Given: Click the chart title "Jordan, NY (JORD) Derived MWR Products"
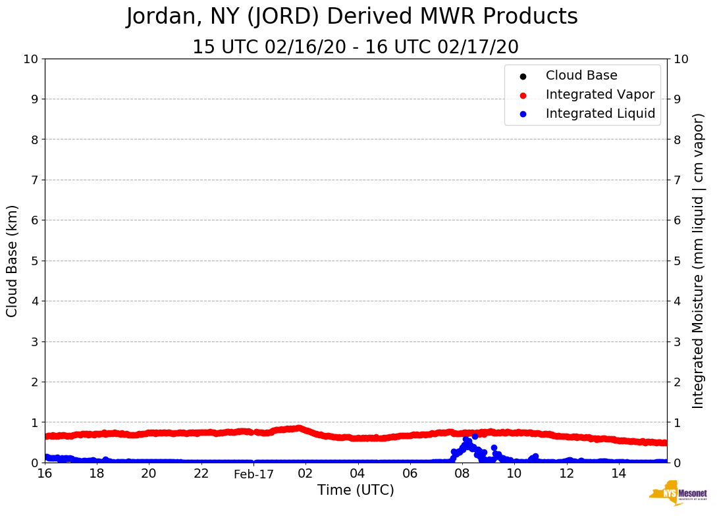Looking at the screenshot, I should pyautogui.click(x=352, y=17).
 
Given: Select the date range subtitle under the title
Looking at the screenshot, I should pyautogui.click(x=355, y=47).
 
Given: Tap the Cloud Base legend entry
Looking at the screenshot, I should pyautogui.click(x=581, y=76).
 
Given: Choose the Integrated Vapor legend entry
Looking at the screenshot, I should pyautogui.click(x=599, y=95).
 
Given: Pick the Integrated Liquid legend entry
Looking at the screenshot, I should pyautogui.click(x=600, y=114).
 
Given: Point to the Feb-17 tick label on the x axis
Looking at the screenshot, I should pyautogui.click(x=253, y=474).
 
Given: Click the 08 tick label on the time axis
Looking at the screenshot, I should pyautogui.click(x=462, y=474).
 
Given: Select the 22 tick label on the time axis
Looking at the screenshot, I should pyautogui.click(x=201, y=474).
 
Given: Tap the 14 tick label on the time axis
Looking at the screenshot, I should pyautogui.click(x=618, y=474).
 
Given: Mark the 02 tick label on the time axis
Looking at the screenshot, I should pyautogui.click(x=305, y=474).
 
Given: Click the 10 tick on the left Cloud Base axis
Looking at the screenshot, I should pyautogui.click(x=30, y=59).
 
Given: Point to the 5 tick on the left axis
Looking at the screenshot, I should pyautogui.click(x=34, y=261).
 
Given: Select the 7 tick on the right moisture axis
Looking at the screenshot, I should pyautogui.click(x=676, y=180).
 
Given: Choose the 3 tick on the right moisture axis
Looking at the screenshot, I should pyautogui.click(x=676, y=341).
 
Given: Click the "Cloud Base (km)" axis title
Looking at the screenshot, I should pyautogui.click(x=13, y=261).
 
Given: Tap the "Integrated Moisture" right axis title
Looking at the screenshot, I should pyautogui.click(x=699, y=261).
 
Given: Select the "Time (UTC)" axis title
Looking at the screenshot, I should pyautogui.click(x=356, y=490).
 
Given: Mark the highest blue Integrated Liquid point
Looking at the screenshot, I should pyautogui.click(x=475, y=436).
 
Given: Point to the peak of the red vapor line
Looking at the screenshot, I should pyautogui.click(x=299, y=428).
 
